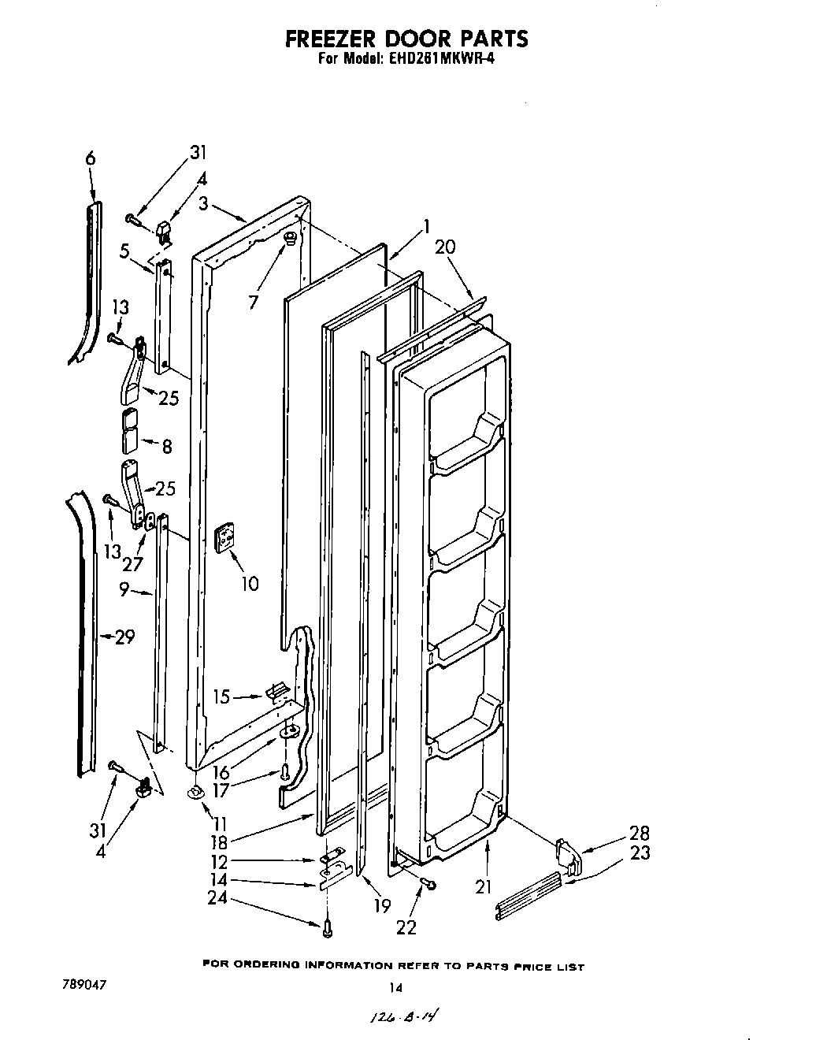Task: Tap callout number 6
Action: pyautogui.click(x=91, y=158)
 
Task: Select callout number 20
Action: pyautogui.click(x=444, y=247)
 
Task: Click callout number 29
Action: pyautogui.click(x=124, y=637)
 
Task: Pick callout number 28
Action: pyautogui.click(x=639, y=833)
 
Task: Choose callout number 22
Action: pyautogui.click(x=406, y=927)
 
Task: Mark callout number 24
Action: pyautogui.click(x=217, y=897)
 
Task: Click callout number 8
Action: pyautogui.click(x=167, y=446)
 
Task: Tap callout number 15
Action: pyautogui.click(x=222, y=697)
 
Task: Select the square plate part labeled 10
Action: pyautogui.click(x=226, y=538)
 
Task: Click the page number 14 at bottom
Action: pyautogui.click(x=395, y=986)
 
